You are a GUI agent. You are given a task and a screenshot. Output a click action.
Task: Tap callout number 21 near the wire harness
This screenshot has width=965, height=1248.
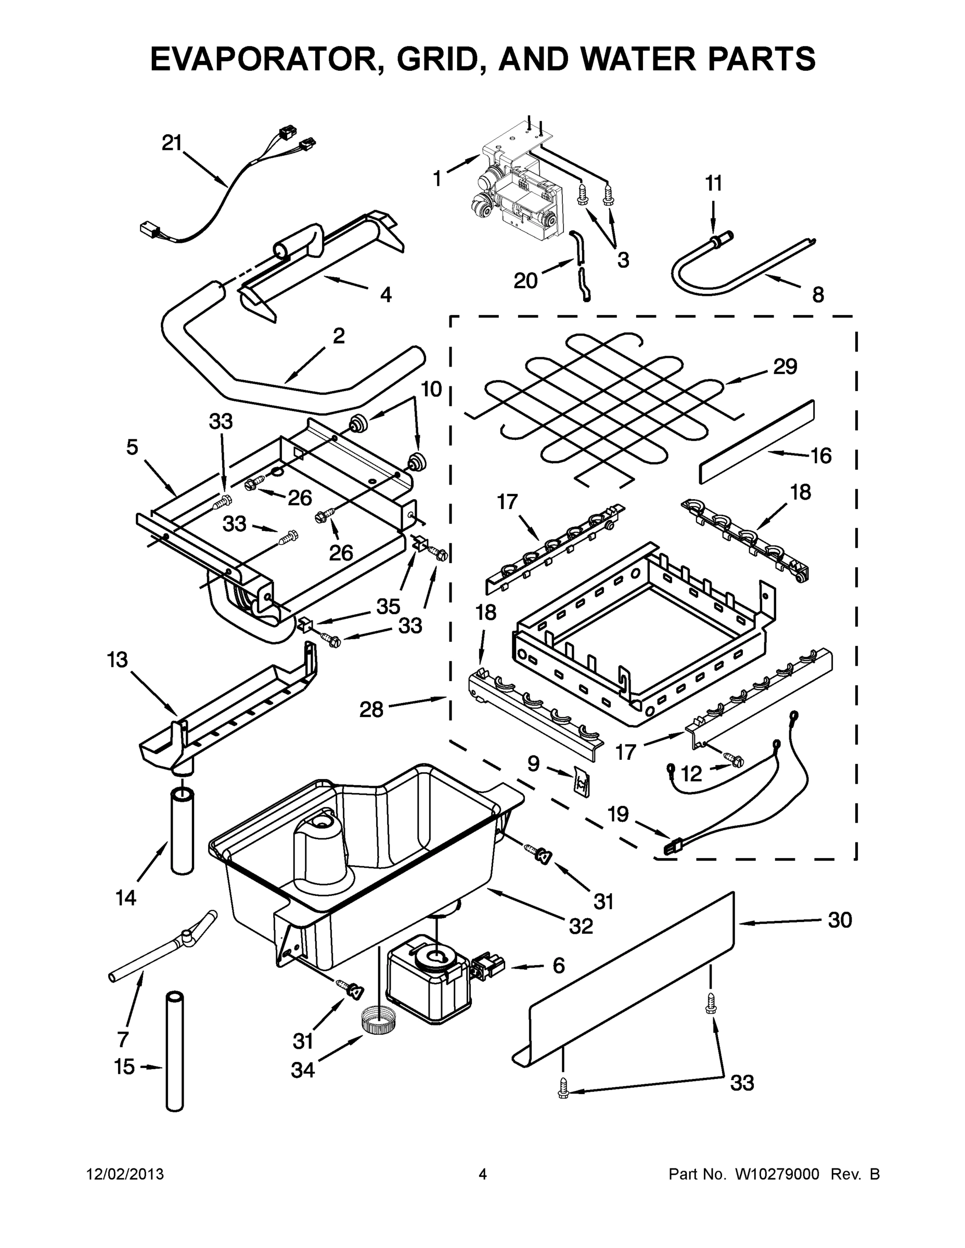click(172, 143)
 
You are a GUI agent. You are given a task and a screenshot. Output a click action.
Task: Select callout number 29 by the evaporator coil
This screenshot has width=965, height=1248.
click(785, 366)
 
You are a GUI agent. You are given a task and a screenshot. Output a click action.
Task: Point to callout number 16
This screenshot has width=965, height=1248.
click(821, 456)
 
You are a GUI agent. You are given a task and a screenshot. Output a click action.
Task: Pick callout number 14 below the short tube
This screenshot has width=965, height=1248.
click(126, 898)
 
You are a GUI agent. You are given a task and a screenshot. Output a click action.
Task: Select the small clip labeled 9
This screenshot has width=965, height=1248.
click(582, 781)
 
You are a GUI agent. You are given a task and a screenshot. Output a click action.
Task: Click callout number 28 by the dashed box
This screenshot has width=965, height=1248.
click(371, 710)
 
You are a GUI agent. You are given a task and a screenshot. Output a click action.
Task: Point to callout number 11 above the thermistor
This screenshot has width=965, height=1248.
click(713, 184)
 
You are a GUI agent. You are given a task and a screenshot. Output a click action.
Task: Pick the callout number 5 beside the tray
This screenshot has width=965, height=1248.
click(132, 447)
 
